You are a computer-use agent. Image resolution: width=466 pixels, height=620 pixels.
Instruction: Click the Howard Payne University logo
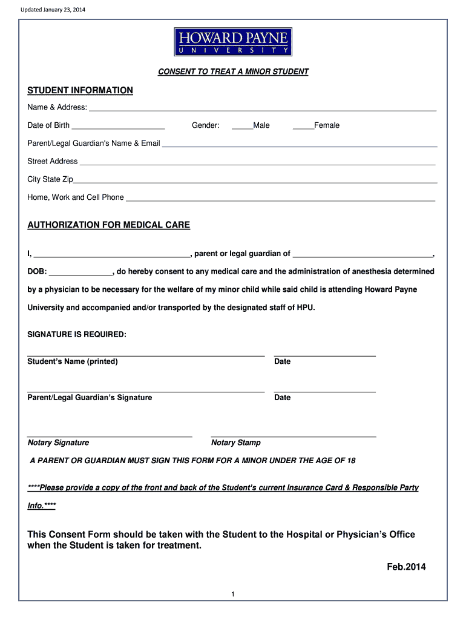coord(233,43)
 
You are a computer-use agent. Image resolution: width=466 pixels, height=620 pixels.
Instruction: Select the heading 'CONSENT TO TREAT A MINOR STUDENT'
coord(233,71)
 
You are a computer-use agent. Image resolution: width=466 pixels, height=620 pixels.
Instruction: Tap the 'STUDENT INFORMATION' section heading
coord(80,90)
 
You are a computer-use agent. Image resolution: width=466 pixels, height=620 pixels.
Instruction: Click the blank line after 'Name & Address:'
coord(263,110)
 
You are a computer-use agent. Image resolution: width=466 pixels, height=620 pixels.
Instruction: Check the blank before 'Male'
coord(242,128)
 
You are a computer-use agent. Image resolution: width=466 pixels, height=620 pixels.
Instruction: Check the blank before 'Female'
coord(303,128)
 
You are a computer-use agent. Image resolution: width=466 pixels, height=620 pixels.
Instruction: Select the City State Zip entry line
coord(255,182)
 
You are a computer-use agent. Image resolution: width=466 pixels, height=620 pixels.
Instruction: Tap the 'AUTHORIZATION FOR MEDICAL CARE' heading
coord(109,225)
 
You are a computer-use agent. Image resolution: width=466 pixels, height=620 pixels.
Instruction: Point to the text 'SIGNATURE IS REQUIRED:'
coord(77,335)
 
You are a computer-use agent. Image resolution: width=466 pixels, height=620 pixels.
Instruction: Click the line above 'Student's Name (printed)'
coord(146,354)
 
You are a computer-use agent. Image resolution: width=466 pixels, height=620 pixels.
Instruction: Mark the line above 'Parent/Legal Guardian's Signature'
coord(146,391)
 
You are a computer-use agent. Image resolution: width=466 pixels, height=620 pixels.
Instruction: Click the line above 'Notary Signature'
coord(110,435)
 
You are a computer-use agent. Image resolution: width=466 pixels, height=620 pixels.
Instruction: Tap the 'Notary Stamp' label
coord(236,443)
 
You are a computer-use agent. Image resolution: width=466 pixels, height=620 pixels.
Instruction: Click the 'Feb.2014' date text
coord(407,567)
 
